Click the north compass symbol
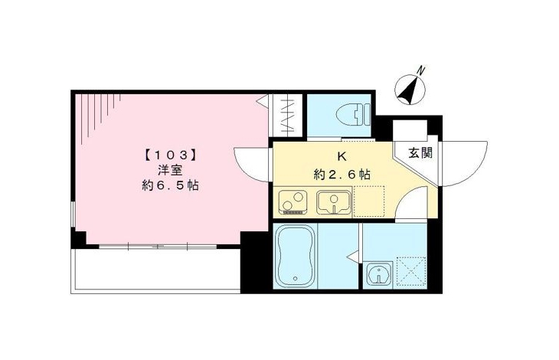click(410, 89)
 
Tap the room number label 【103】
click(171, 155)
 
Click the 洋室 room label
click(171, 170)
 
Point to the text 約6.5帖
click(171, 185)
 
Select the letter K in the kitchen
click(342, 157)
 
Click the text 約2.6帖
click(342, 175)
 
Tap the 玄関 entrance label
click(420, 153)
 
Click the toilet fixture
click(353, 115)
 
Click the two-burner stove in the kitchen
click(293, 202)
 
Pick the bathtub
click(295, 255)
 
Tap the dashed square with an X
click(412, 271)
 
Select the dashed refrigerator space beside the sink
click(369, 201)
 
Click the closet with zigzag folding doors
click(288, 115)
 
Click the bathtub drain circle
click(295, 279)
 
